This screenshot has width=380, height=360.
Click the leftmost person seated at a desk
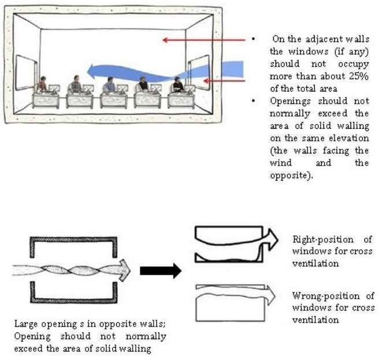(x=42, y=84)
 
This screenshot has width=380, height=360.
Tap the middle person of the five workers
(x=109, y=85)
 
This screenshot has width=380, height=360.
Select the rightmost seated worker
(x=178, y=85)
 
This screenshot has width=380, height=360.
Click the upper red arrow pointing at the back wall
(x=202, y=40)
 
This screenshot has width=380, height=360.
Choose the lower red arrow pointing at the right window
(x=225, y=81)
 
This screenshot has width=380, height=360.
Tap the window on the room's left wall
(x=25, y=72)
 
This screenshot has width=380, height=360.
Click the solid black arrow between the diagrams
(x=161, y=271)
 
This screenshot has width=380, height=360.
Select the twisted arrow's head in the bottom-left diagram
(x=122, y=270)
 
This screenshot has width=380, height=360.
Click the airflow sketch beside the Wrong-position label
(x=231, y=301)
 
